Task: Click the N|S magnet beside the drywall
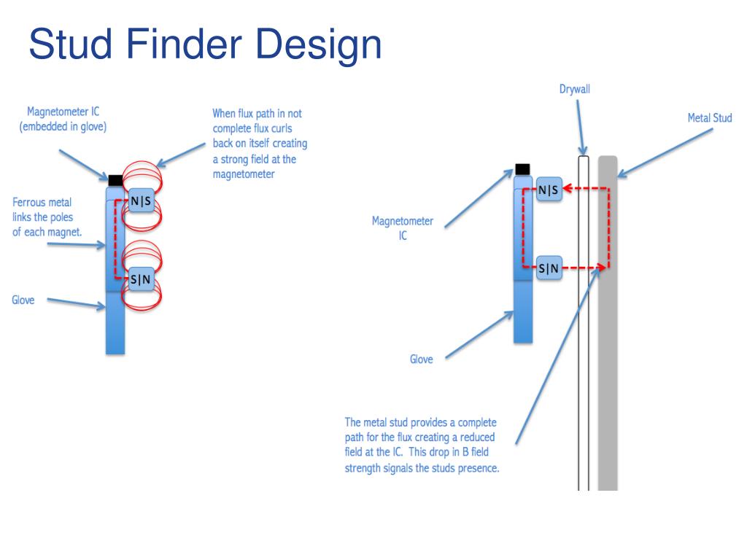(x=549, y=190)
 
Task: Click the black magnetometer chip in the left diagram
(x=115, y=179)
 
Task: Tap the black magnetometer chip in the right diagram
(x=522, y=169)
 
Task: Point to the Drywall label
(x=575, y=90)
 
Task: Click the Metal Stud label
(x=709, y=118)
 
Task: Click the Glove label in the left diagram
(x=23, y=300)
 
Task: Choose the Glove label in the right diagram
(x=421, y=359)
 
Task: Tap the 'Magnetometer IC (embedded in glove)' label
(x=63, y=119)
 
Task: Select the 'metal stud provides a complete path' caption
(x=422, y=445)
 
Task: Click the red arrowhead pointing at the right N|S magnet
(x=570, y=189)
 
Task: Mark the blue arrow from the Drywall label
(x=581, y=128)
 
